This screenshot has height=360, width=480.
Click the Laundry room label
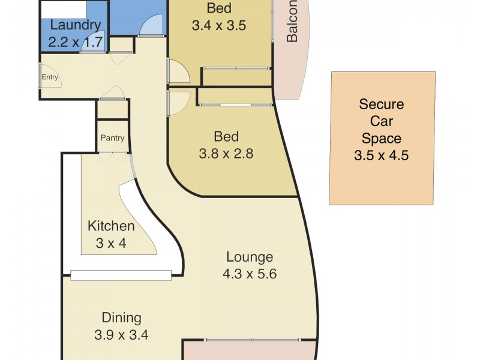[x=76, y=26]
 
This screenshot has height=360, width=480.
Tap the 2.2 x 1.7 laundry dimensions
[x=76, y=43]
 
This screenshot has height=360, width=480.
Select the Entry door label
[x=50, y=77]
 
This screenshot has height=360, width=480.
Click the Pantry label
[x=112, y=138]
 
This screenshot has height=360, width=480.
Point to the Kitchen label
[x=111, y=226]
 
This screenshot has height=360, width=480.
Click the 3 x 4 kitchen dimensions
[x=111, y=244]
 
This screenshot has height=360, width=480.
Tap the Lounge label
[x=250, y=257]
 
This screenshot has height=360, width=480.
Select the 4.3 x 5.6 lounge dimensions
[x=250, y=274]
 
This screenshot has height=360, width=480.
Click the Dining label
[x=121, y=318]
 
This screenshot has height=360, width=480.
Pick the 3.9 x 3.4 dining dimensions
[x=121, y=335]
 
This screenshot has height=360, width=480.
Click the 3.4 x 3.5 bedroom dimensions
[x=219, y=26]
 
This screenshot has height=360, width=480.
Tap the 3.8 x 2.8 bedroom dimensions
[x=226, y=154]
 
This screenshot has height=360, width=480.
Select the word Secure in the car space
[x=382, y=104]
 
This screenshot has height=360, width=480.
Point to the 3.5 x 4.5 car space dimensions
[x=382, y=156]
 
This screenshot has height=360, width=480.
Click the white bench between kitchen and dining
[x=121, y=275]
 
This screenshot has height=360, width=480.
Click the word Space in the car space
[x=382, y=139]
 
